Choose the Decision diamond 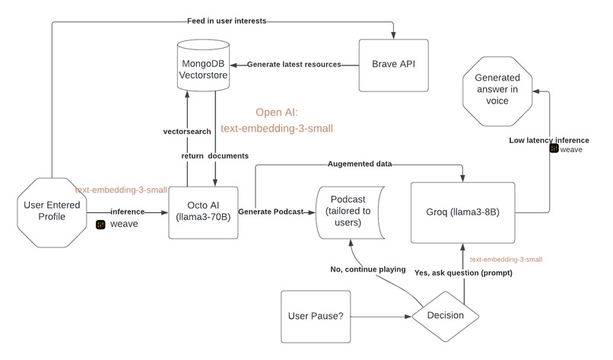click(444, 314)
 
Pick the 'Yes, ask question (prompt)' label click(462, 272)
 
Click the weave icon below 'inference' click(100, 224)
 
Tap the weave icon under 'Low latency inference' click(553, 150)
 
